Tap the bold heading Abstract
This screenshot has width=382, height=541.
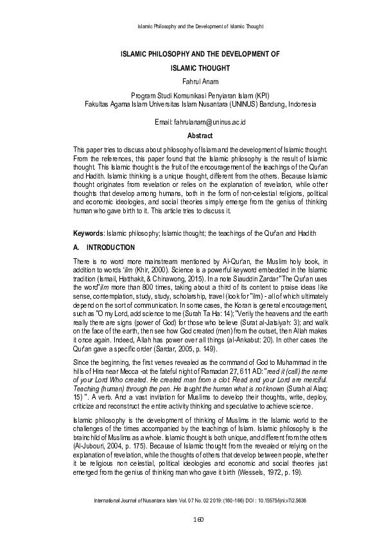(x=191, y=136)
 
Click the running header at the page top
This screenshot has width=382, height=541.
(x=202, y=26)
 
